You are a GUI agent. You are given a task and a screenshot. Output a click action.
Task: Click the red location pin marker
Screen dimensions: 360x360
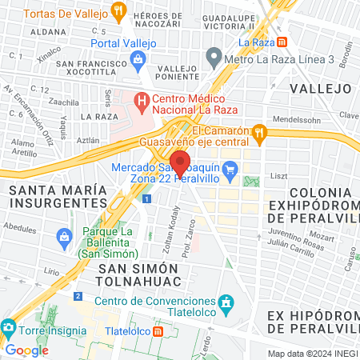(180, 162)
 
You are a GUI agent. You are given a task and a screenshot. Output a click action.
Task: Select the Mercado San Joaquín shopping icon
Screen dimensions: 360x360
(231, 168)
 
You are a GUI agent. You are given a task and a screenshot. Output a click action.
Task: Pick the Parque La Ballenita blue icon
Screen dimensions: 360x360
(65, 237)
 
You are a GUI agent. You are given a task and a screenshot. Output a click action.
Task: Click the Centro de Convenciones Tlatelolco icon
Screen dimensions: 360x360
(227, 302)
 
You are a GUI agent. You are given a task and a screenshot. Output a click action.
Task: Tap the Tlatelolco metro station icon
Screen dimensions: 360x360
(158, 330)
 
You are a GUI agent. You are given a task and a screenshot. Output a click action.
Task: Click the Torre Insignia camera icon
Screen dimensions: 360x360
(8, 328)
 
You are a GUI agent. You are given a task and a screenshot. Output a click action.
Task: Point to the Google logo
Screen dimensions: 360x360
(26, 350)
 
